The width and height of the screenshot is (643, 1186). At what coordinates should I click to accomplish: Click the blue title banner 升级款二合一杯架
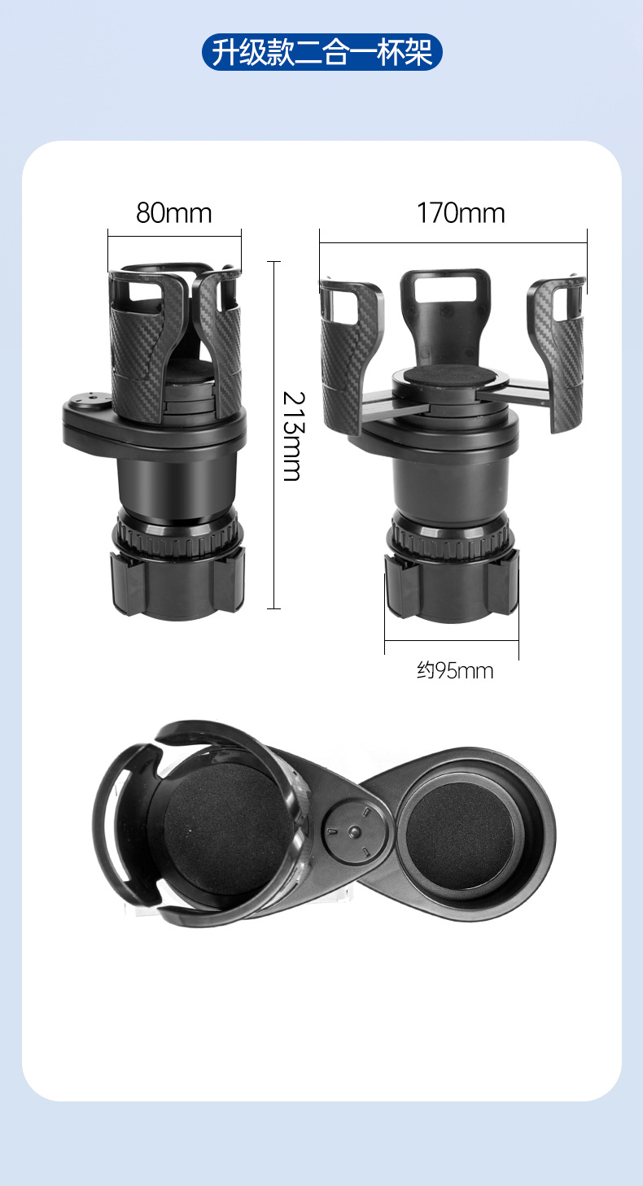coord(321,52)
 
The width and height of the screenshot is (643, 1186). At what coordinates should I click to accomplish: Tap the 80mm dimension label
coord(173,213)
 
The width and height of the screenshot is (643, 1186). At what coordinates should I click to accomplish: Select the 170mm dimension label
coord(461,213)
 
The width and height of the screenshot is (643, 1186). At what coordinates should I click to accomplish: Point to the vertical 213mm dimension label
coord(293,436)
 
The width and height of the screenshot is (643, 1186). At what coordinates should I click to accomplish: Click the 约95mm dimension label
coord(455,671)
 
